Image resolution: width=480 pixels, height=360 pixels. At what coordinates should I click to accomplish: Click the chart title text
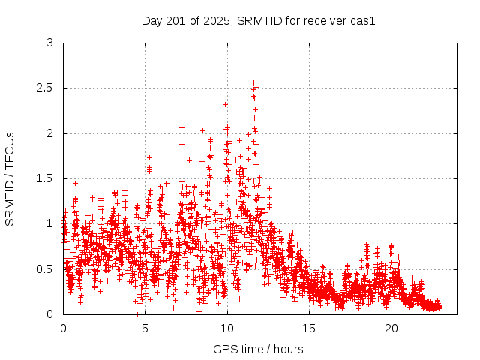pyautogui.click(x=258, y=20)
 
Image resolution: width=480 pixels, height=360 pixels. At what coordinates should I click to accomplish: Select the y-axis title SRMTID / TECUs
pyautogui.click(x=10, y=178)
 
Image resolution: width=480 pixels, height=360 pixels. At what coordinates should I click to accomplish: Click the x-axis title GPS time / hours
pyautogui.click(x=258, y=349)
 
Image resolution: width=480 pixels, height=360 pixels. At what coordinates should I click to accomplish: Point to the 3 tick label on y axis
pyautogui.click(x=49, y=43)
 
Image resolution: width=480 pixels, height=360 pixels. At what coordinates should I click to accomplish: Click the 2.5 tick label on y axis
pyautogui.click(x=45, y=88)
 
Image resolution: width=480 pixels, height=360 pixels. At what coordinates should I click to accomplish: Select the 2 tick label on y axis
pyautogui.click(x=49, y=133)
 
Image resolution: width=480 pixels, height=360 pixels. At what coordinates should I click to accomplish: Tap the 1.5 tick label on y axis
pyautogui.click(x=45, y=178)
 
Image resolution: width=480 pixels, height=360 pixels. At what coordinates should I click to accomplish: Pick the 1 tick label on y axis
pyautogui.click(x=49, y=223)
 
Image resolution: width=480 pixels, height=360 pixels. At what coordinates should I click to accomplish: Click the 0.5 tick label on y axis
pyautogui.click(x=45, y=268)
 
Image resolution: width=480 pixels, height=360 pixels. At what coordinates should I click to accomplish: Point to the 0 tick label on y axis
pyautogui.click(x=49, y=313)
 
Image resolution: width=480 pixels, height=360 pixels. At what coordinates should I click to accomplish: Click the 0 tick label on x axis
pyautogui.click(x=63, y=328)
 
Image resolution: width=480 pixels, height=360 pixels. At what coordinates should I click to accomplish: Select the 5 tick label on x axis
pyautogui.click(x=145, y=328)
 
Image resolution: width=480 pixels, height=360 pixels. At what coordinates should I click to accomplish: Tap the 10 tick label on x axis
pyautogui.click(x=227, y=328)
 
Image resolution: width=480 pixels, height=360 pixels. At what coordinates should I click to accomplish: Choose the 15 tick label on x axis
pyautogui.click(x=310, y=328)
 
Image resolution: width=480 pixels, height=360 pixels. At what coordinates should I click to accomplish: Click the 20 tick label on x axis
pyautogui.click(x=391, y=328)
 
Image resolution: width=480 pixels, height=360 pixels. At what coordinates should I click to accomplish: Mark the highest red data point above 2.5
pyautogui.click(x=253, y=82)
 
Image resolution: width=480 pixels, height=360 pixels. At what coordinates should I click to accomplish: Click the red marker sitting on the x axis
pyautogui.click(x=136, y=313)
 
